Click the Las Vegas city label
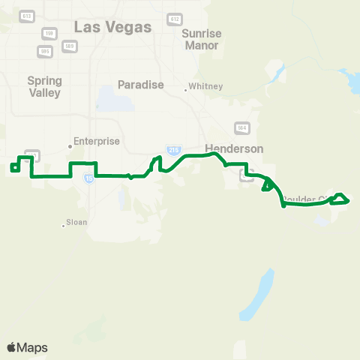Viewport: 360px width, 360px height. click(113, 27)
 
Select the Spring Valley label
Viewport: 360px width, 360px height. click(43, 86)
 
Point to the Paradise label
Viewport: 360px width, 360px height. click(141, 85)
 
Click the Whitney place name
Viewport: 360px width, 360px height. click(206, 86)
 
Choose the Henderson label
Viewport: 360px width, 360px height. click(234, 148)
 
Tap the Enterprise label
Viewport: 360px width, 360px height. click(94, 140)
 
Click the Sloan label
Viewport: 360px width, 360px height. click(77, 223)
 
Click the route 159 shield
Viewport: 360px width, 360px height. click(49, 34)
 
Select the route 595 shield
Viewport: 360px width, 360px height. click(44, 51)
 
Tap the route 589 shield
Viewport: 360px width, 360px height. click(69, 46)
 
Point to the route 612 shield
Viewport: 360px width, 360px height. click(175, 19)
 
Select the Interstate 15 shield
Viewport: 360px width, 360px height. click(89, 178)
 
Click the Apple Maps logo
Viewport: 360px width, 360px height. click(27, 347)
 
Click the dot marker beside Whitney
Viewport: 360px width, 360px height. click(186, 90)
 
